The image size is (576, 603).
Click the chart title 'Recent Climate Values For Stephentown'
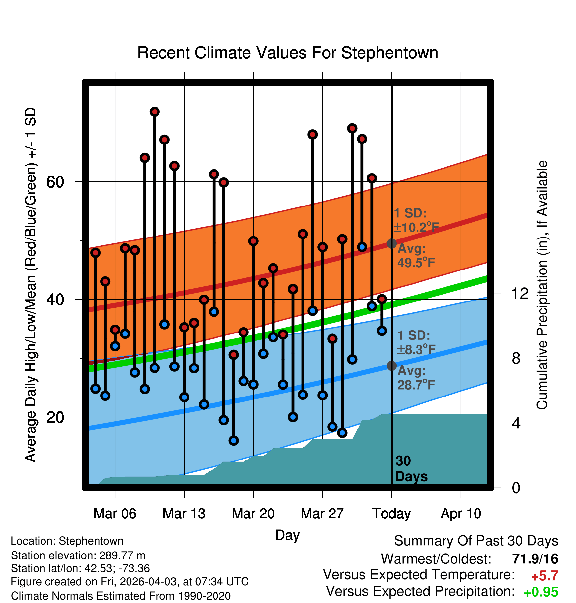click(x=288, y=53)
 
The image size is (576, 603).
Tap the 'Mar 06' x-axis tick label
click(x=115, y=514)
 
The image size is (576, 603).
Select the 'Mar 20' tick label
click(x=253, y=514)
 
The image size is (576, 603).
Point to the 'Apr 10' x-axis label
click(x=461, y=514)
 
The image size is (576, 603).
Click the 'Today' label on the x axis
click(x=391, y=514)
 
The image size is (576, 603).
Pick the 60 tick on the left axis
click(x=55, y=182)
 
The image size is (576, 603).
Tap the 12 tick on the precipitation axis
click(x=520, y=293)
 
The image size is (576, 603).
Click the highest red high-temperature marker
click(x=155, y=112)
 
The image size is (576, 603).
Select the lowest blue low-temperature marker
click(x=234, y=440)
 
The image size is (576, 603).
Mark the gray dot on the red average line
click(x=391, y=243)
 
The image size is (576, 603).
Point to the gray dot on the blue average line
click(x=391, y=365)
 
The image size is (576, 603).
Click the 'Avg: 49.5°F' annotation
click(x=416, y=256)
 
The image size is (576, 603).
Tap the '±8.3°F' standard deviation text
click(x=416, y=349)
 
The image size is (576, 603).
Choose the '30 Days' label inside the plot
click(x=411, y=469)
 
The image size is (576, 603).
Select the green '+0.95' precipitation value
click(x=541, y=592)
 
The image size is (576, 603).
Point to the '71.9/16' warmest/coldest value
click(x=535, y=559)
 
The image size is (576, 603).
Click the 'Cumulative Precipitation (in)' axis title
click(x=542, y=285)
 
